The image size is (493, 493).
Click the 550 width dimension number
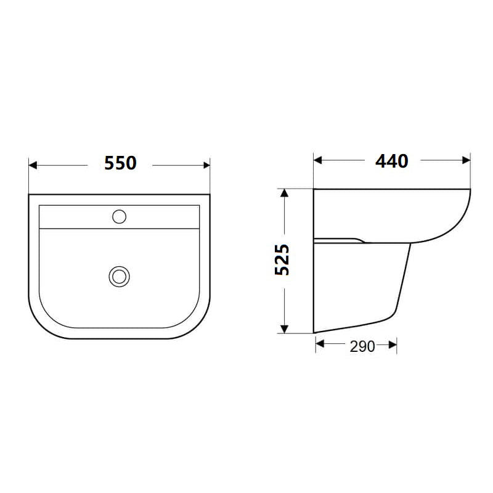120,163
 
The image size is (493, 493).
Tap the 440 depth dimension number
392,161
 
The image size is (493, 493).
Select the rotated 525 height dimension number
282,260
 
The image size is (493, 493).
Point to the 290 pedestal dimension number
362,347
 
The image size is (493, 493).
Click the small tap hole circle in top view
120,216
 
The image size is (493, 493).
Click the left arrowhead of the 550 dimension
33,165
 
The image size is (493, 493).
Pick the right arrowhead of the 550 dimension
206,165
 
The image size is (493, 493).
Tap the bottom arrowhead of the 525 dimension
284,329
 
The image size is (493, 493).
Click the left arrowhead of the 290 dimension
319,346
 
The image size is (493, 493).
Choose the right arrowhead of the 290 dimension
393,346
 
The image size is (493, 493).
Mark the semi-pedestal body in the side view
357,283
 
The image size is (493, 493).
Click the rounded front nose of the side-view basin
459,216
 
